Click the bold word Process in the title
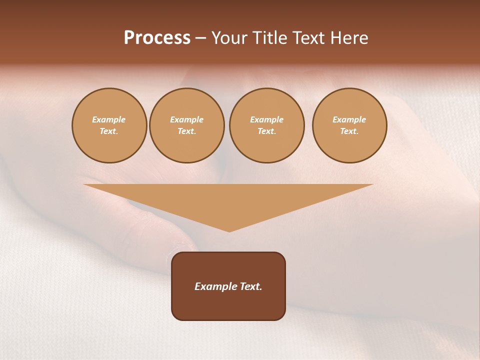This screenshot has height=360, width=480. point(157,38)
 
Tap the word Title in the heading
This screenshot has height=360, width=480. point(269,38)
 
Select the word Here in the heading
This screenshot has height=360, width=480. point(347,38)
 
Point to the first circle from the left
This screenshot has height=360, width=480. point(109,125)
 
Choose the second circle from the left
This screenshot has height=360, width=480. point(187,125)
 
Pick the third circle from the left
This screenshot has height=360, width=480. point(266,125)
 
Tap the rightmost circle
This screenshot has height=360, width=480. point(349,125)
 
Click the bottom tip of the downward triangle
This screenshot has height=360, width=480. point(229,230)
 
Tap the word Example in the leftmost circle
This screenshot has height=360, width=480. point(109,120)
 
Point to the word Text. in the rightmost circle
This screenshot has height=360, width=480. point(349,131)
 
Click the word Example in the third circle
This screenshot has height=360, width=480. point(266,120)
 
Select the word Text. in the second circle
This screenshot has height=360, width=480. point(187,131)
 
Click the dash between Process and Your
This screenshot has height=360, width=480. point(201,38)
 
